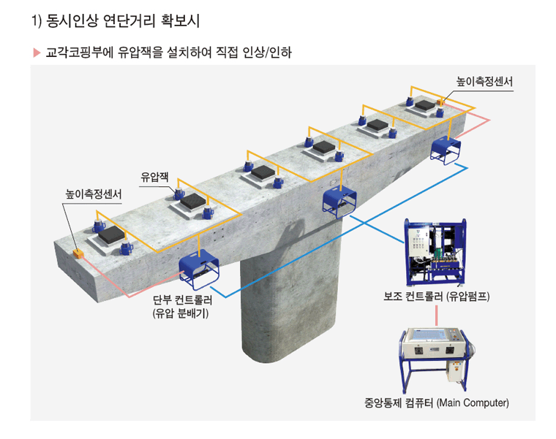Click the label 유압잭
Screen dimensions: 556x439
(154, 177)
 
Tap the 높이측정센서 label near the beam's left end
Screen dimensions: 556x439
(93, 194)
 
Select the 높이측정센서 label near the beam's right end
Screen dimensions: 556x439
(484, 82)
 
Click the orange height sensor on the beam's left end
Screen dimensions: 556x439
(78, 253)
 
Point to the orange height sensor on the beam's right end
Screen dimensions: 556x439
(440, 102)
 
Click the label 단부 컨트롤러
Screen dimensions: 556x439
(183, 300)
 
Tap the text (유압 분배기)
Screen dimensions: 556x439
(181, 313)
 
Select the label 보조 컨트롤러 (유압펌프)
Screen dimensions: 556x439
(437, 296)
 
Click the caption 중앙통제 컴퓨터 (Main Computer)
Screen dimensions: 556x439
(437, 402)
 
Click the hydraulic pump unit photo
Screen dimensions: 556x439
(435, 252)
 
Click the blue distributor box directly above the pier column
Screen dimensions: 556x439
(339, 204)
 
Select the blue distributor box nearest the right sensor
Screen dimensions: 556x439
(446, 150)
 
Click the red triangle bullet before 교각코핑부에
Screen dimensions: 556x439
(37, 53)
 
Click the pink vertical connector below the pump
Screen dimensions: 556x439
(437, 316)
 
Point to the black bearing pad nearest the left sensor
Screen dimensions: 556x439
(111, 234)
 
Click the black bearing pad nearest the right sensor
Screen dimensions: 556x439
(425, 105)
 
